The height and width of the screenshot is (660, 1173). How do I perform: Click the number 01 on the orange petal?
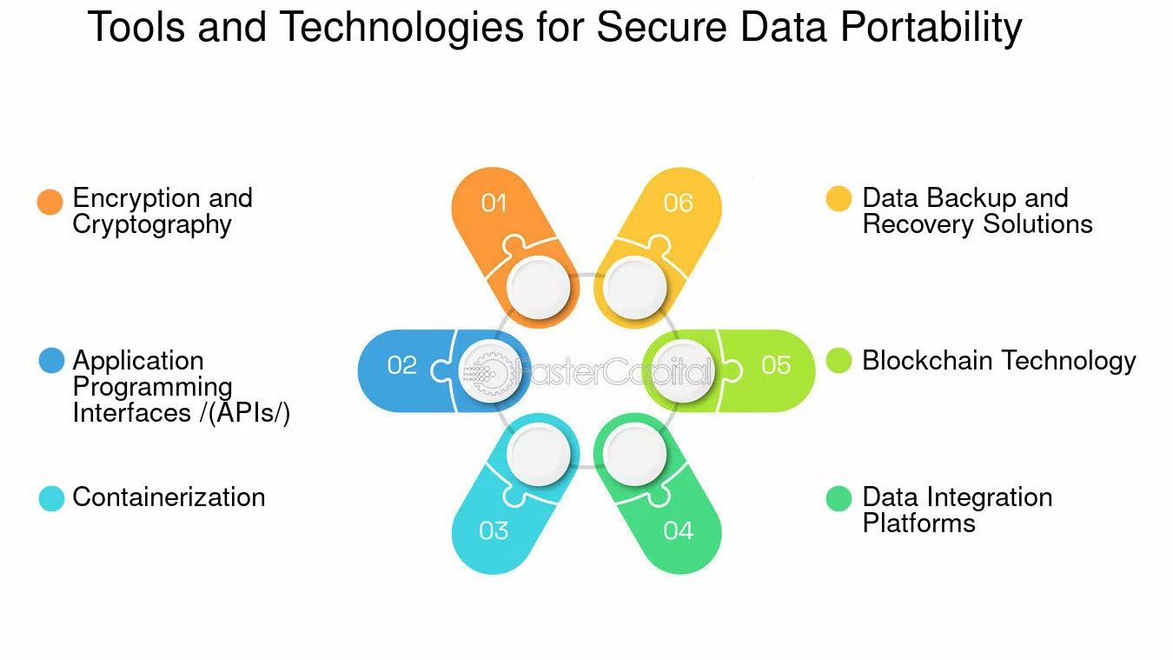(x=494, y=203)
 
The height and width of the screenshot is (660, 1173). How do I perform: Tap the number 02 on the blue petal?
(x=402, y=365)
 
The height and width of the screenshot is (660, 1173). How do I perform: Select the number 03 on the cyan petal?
(x=494, y=530)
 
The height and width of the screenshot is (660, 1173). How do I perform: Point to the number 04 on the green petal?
(x=679, y=530)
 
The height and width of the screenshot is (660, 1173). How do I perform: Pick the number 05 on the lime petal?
(x=776, y=365)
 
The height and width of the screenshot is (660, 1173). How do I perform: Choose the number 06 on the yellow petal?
(x=679, y=203)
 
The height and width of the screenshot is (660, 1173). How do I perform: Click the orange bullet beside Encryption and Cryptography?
(x=50, y=202)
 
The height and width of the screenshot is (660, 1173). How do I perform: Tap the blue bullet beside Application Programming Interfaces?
(x=52, y=361)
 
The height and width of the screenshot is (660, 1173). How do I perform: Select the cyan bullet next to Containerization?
(x=52, y=498)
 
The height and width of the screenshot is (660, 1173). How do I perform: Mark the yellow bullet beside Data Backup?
(x=838, y=198)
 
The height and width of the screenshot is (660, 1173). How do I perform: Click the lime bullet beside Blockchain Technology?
(x=838, y=361)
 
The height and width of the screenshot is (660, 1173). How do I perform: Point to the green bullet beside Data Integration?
(x=838, y=498)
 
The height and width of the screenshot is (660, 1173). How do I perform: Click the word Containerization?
(x=169, y=497)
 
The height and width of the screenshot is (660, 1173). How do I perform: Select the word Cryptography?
(x=152, y=225)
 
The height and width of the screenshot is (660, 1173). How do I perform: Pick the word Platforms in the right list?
(x=919, y=523)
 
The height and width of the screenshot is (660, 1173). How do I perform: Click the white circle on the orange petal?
(x=539, y=287)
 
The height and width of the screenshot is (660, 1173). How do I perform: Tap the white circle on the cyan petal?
(x=539, y=454)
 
